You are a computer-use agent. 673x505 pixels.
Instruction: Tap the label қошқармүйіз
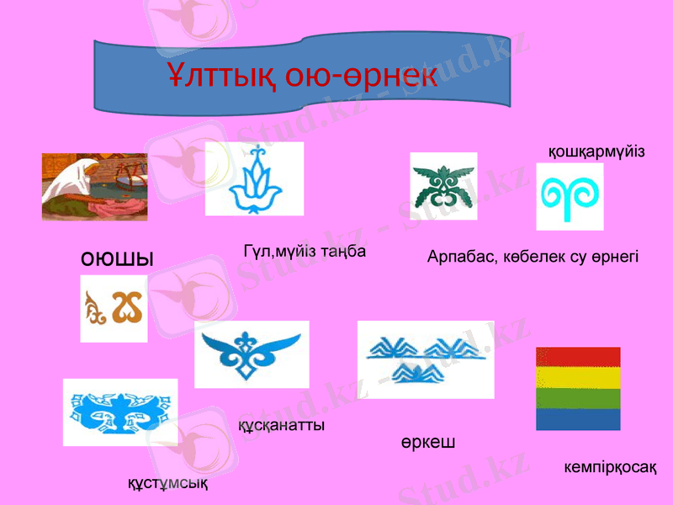[x=596, y=151]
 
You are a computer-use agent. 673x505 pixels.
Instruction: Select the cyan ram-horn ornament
[x=570, y=196]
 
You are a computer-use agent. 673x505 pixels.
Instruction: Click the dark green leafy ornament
[x=442, y=187]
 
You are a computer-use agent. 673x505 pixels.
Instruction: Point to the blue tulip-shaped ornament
[x=253, y=178]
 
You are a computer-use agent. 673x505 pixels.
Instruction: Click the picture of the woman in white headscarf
[x=94, y=187]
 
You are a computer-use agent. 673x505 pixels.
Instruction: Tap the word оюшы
[x=117, y=259]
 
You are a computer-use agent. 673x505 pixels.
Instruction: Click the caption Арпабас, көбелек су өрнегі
[x=533, y=255]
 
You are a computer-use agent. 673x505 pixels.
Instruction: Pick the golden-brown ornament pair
[x=114, y=309]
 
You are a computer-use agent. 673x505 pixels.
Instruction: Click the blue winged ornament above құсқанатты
[x=252, y=353]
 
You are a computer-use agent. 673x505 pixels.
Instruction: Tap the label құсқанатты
[x=283, y=426]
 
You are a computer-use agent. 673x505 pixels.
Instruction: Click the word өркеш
[x=428, y=442]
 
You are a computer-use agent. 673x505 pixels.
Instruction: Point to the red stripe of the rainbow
[x=578, y=356]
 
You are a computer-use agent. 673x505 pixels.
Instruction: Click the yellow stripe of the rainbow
[x=578, y=376]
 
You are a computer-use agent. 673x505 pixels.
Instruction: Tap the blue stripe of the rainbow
[x=578, y=419]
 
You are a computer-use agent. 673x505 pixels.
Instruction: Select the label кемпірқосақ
[x=610, y=465]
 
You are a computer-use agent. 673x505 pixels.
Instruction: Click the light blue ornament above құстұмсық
[x=120, y=412]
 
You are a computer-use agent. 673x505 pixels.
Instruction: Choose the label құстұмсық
[x=167, y=484]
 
